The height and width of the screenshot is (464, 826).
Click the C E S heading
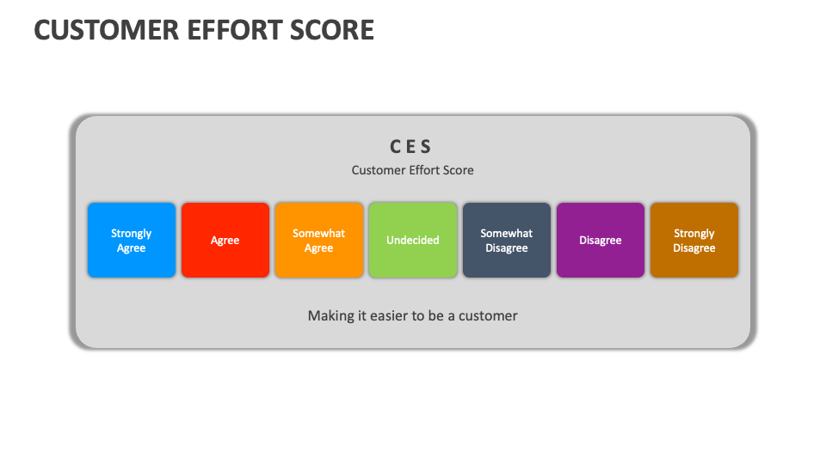(412, 147)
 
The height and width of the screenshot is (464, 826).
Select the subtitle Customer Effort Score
(412, 170)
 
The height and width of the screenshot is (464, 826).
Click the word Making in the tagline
(330, 316)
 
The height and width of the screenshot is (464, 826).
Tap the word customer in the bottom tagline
(488, 316)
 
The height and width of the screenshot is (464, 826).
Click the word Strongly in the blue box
(132, 234)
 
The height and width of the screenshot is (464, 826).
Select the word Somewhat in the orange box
(318, 234)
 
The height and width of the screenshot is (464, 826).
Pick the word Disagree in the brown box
(693, 248)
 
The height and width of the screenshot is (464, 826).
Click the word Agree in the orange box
(318, 248)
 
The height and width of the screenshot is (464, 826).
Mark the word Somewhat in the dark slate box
(506, 234)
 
